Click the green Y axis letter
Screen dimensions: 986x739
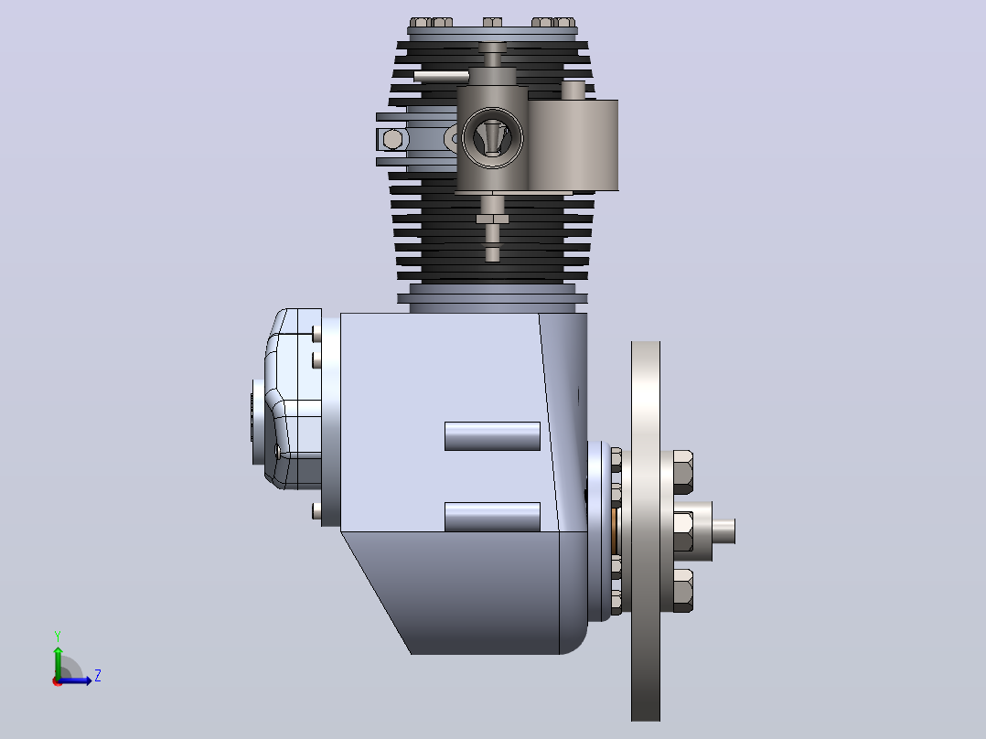pyautogui.click(x=58, y=636)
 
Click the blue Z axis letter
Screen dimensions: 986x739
pyautogui.click(x=98, y=676)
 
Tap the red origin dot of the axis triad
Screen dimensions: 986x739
pyautogui.click(x=58, y=681)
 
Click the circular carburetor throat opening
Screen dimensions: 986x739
pyautogui.click(x=492, y=138)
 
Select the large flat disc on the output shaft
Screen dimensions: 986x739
pyautogui.click(x=646, y=530)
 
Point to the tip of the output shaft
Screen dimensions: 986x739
pyautogui.click(x=734, y=530)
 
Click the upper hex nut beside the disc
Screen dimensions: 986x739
pyautogui.click(x=683, y=472)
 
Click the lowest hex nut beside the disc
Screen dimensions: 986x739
pyautogui.click(x=683, y=591)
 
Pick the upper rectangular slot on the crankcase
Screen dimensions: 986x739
pyautogui.click(x=492, y=436)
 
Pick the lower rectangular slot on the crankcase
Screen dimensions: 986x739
pyautogui.click(x=492, y=517)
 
